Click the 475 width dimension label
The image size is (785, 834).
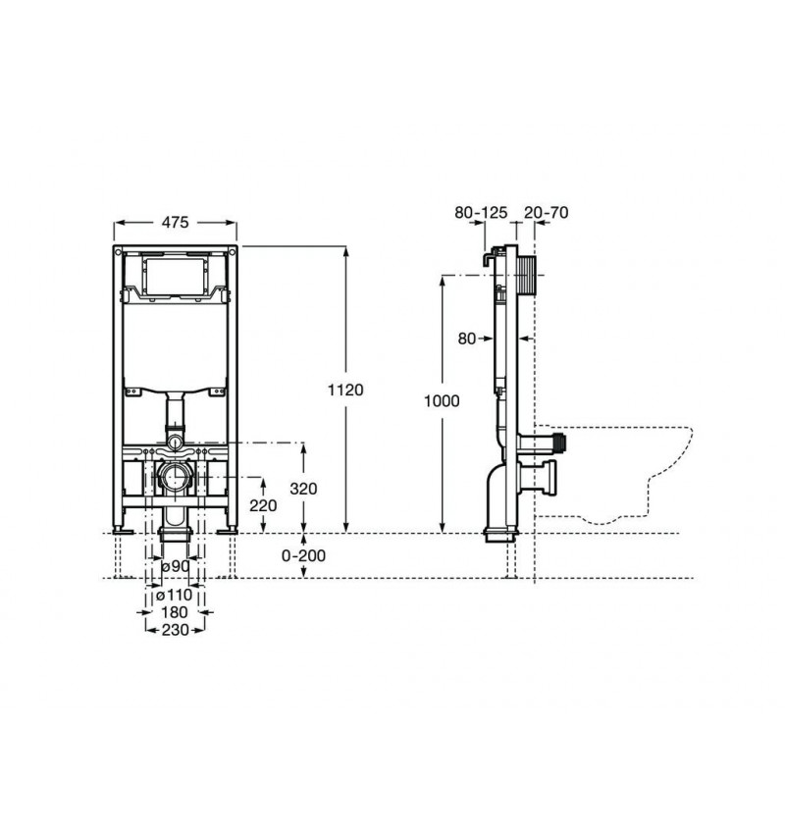[174, 223]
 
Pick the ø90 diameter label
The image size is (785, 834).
[174, 566]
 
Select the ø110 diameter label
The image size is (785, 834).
[174, 595]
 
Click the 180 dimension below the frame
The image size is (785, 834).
[174, 611]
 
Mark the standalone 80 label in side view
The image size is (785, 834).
[466, 339]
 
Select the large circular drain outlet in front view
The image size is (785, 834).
[174, 480]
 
